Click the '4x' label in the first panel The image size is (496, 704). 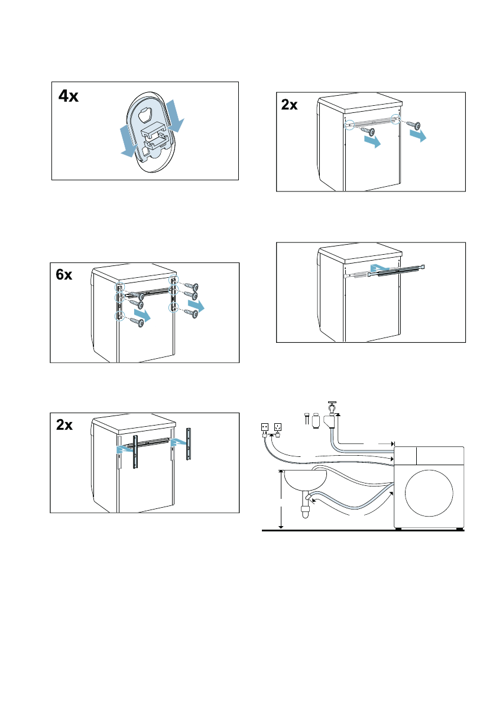pyautogui.click(x=69, y=96)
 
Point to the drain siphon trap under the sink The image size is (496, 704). pyautogui.click(x=306, y=510)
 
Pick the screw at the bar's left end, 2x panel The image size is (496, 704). pyautogui.click(x=367, y=131)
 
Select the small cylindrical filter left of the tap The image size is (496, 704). pyautogui.click(x=315, y=422)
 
